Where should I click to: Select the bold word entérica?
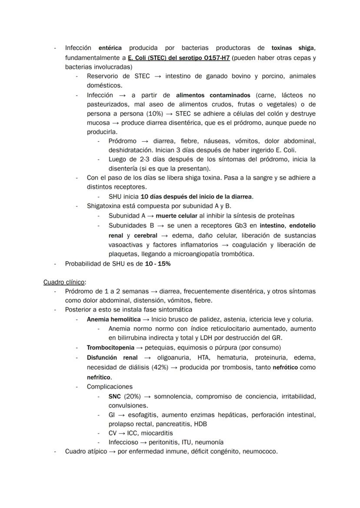[x=110, y=48]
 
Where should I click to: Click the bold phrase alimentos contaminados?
[x=213, y=95]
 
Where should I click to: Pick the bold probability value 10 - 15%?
[x=158, y=264]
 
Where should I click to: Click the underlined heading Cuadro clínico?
[x=64, y=282]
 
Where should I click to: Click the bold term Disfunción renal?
[x=112, y=358]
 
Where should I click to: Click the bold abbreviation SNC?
[x=114, y=396]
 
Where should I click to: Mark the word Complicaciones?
[x=110, y=387]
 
